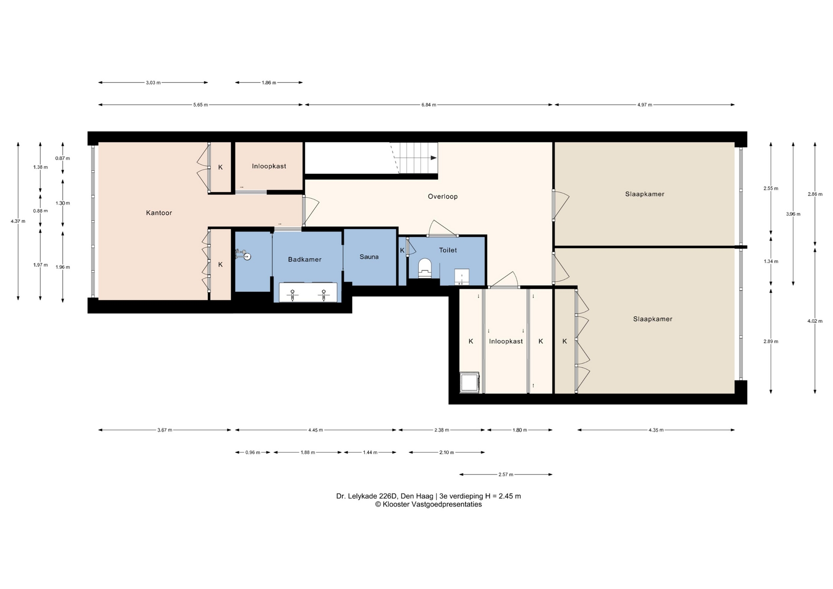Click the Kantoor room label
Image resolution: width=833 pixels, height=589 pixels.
pos(159,213)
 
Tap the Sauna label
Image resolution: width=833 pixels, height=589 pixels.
pos(369,257)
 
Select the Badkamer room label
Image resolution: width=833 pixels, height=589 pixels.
pos(305,259)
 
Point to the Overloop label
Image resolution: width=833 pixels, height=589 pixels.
pos(443,196)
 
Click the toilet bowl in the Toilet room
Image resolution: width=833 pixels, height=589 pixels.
pos(425,268)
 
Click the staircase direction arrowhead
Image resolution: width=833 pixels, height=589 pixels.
pos(433,158)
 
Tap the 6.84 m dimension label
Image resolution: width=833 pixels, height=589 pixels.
pos(429,105)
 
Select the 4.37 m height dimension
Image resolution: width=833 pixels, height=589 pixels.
pos(18,221)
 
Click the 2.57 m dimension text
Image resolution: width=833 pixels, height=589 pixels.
pos(506,474)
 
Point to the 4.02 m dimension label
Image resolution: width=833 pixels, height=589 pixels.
pos(815,321)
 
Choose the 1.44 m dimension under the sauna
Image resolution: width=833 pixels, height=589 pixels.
pos(370,452)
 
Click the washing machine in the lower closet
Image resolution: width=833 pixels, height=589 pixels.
pos(469,383)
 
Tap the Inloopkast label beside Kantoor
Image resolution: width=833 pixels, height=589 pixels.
pos(269,166)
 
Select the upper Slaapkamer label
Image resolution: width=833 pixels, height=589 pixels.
pos(645,194)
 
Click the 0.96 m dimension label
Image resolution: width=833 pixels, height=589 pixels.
pos(253,452)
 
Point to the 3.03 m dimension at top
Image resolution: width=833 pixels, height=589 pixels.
pos(153,82)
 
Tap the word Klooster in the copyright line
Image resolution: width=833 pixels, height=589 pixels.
pos(396,504)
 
